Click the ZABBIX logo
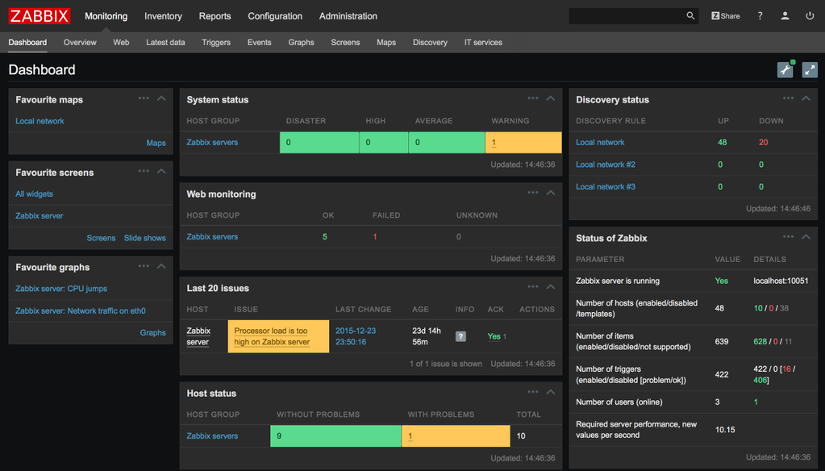coord(40,15)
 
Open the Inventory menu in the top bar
coord(163,16)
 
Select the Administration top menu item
coord(348,16)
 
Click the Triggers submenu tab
coord(216,42)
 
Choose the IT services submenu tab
coord(483,42)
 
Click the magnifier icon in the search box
coord(690,15)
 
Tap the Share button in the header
coord(725,16)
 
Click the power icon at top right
coord(810,16)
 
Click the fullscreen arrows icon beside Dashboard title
coord(810,70)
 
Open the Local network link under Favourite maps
coord(40,121)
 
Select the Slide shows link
coord(145,238)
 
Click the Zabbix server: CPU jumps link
coord(61,289)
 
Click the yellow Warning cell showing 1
coord(523,143)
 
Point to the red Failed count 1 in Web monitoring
coord(375,237)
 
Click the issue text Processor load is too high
coord(272,336)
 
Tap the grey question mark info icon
coord(460,336)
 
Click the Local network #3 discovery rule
coord(606,186)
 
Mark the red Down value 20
coord(763,142)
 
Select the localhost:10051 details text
coord(781,281)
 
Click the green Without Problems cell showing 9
coord(335,436)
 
